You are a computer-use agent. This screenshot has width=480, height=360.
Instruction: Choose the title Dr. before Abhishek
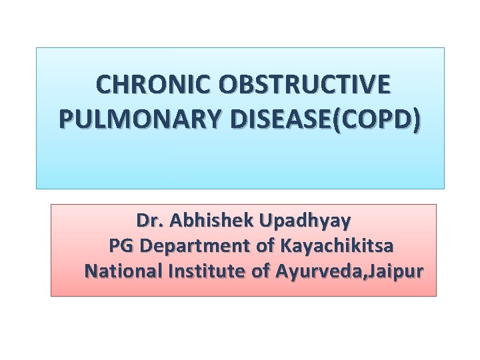point(147,220)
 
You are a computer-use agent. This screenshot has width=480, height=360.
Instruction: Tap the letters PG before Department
point(120,246)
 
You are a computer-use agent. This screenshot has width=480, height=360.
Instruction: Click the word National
point(117,272)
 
